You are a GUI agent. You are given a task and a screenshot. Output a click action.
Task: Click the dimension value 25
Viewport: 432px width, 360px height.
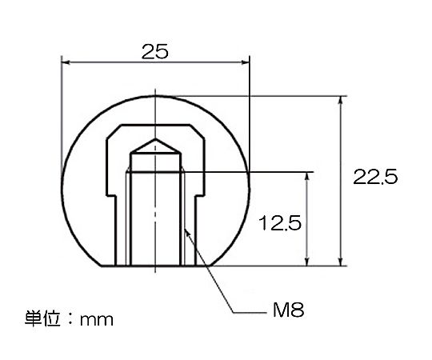154,51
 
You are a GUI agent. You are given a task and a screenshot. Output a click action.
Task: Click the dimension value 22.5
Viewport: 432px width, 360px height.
375,177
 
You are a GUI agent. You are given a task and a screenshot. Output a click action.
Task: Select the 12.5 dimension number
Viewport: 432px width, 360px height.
280,223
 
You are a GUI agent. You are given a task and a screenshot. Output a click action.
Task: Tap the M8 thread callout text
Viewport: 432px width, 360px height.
288,310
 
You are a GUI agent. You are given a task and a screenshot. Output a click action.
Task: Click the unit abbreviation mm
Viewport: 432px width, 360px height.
97,320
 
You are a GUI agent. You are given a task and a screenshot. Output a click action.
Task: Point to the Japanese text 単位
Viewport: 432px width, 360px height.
42,318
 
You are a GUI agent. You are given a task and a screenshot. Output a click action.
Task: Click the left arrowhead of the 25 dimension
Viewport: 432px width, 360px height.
66,63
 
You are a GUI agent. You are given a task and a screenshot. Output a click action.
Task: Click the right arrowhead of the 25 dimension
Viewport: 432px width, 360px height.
245,63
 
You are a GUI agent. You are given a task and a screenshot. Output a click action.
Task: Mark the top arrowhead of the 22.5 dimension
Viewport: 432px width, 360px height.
341,101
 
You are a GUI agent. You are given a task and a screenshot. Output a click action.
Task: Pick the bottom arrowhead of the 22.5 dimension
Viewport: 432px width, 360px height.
341,262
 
